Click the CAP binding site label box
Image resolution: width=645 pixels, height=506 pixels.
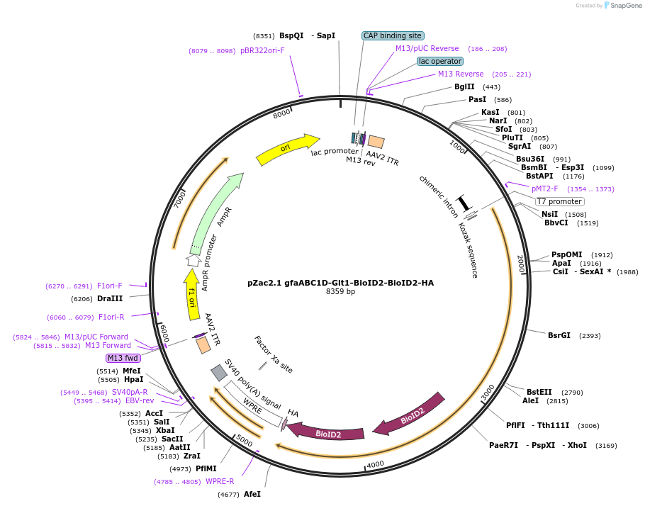(x=393, y=35)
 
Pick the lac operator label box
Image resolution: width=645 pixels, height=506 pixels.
(x=439, y=62)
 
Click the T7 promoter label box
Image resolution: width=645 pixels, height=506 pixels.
(x=559, y=201)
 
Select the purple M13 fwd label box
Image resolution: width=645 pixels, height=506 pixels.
(x=123, y=358)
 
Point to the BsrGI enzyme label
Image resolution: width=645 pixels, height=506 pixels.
(x=559, y=335)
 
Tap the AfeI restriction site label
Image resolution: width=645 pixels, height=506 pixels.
(x=252, y=494)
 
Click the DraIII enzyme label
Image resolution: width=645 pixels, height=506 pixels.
(x=110, y=298)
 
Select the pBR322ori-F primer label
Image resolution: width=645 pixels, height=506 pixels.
(x=262, y=51)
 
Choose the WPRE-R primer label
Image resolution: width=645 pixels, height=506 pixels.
(x=220, y=482)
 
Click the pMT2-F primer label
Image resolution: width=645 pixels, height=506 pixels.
(x=545, y=189)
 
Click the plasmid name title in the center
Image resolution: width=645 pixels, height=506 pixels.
(x=340, y=283)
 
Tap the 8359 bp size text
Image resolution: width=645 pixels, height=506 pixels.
(x=340, y=292)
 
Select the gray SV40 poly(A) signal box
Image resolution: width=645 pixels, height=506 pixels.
(x=219, y=372)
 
